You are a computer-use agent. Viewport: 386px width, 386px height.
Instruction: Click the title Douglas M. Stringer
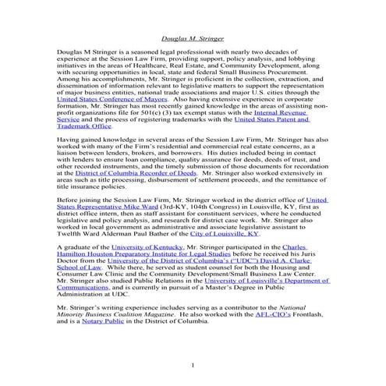pyautogui.click(x=192, y=37)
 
